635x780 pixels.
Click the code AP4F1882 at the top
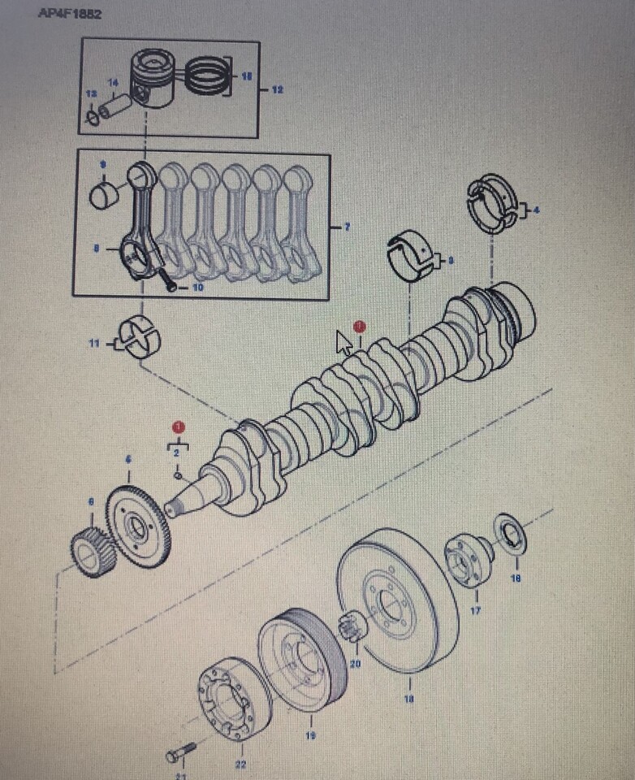69,15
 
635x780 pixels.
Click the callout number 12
277,89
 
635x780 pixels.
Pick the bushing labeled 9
104,196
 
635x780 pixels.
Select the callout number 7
347,227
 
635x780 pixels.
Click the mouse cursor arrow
344,343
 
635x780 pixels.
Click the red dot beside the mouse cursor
360,326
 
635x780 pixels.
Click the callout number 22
240,764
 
